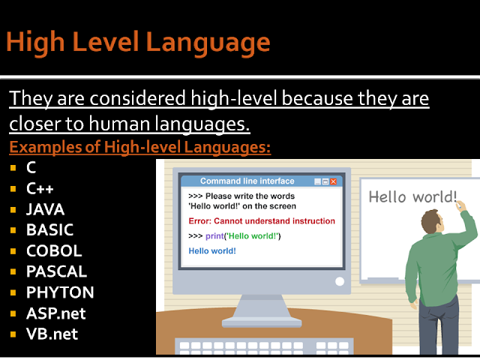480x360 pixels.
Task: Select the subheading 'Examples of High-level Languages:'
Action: tap(139, 147)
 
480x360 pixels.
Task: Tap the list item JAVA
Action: tap(45, 209)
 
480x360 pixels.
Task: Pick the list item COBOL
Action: tap(54, 250)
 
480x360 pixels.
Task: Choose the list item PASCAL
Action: tap(56, 271)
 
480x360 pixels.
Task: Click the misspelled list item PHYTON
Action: tap(59, 292)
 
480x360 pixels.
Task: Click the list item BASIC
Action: tap(49, 229)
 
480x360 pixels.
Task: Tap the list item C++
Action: tap(40, 188)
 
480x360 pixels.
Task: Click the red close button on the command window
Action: tap(334, 181)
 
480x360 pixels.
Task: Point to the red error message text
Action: tap(262, 221)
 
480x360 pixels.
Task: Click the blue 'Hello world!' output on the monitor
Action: tap(212, 250)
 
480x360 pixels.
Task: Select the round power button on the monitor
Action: tap(340, 282)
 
